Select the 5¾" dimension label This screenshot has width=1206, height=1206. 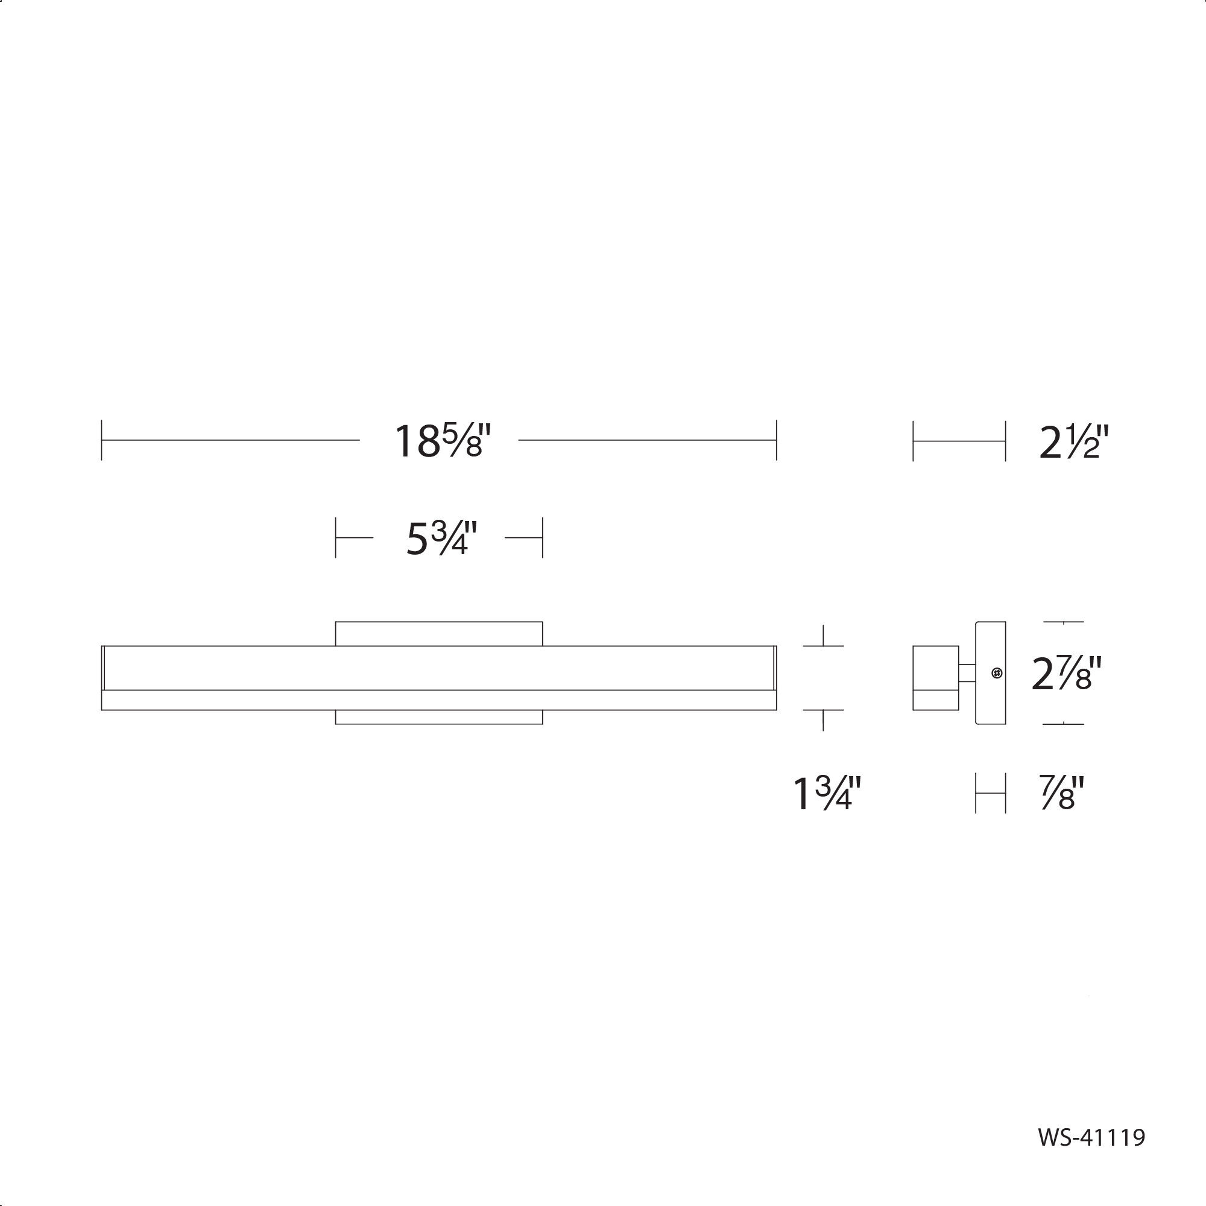[x=441, y=538]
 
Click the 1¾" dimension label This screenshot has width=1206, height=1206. [x=827, y=794]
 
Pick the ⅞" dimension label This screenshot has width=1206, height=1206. [x=1062, y=793]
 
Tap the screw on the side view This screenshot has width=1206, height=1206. [x=997, y=673]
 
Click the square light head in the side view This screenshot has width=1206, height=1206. [x=935, y=677]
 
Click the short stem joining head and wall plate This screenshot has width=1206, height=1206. [x=967, y=673]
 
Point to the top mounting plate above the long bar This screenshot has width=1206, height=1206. [x=439, y=634]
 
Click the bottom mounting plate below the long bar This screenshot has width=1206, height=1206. [x=439, y=717]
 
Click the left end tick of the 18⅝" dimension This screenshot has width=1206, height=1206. [x=102, y=440]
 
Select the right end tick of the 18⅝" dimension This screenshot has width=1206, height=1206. [x=777, y=440]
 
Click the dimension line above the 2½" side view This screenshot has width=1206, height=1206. [x=959, y=441]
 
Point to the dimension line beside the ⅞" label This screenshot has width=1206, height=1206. [x=991, y=794]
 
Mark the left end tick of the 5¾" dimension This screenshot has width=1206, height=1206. [x=336, y=537]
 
